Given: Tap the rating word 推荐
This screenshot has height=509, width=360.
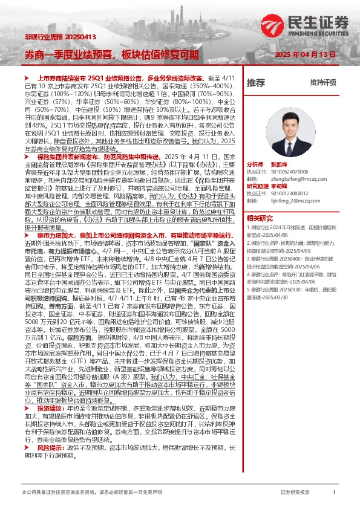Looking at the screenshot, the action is tap(256, 82).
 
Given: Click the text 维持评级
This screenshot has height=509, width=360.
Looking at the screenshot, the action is tap(323, 82).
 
